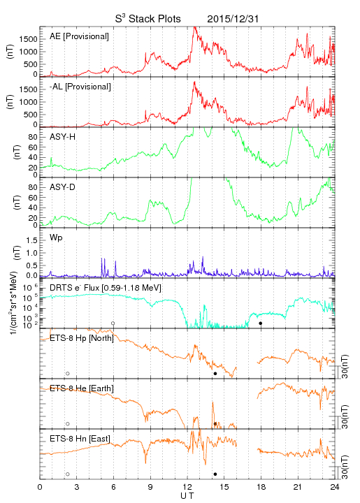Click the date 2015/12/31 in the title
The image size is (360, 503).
pos(233,19)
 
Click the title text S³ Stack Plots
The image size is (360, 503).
pos(148,19)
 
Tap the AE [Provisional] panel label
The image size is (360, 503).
pos(79,36)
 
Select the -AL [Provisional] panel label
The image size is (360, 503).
pos(80,87)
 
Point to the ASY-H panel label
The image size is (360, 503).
pos(63,137)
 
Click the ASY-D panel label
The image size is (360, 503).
pos(63,187)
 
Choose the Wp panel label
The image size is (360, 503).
pos(56,238)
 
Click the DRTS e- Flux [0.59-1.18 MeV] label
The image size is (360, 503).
pos(106,288)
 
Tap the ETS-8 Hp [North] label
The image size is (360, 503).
pos(82,338)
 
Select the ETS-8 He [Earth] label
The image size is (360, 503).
pos(82,388)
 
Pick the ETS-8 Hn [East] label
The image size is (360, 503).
pos(80,439)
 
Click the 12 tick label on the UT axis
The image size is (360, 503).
pos(187,487)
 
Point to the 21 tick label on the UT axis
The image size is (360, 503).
pos(298,487)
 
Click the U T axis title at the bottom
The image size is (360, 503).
pos(187,496)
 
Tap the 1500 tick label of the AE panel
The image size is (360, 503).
pos(28,39)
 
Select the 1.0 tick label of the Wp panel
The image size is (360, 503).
pos(32,253)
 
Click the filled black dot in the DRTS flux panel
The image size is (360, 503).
pos(261,323)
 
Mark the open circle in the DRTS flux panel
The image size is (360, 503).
pos(113,323)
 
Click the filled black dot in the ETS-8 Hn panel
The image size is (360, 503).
pos(215,474)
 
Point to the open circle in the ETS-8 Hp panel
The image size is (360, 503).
pos(68,374)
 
